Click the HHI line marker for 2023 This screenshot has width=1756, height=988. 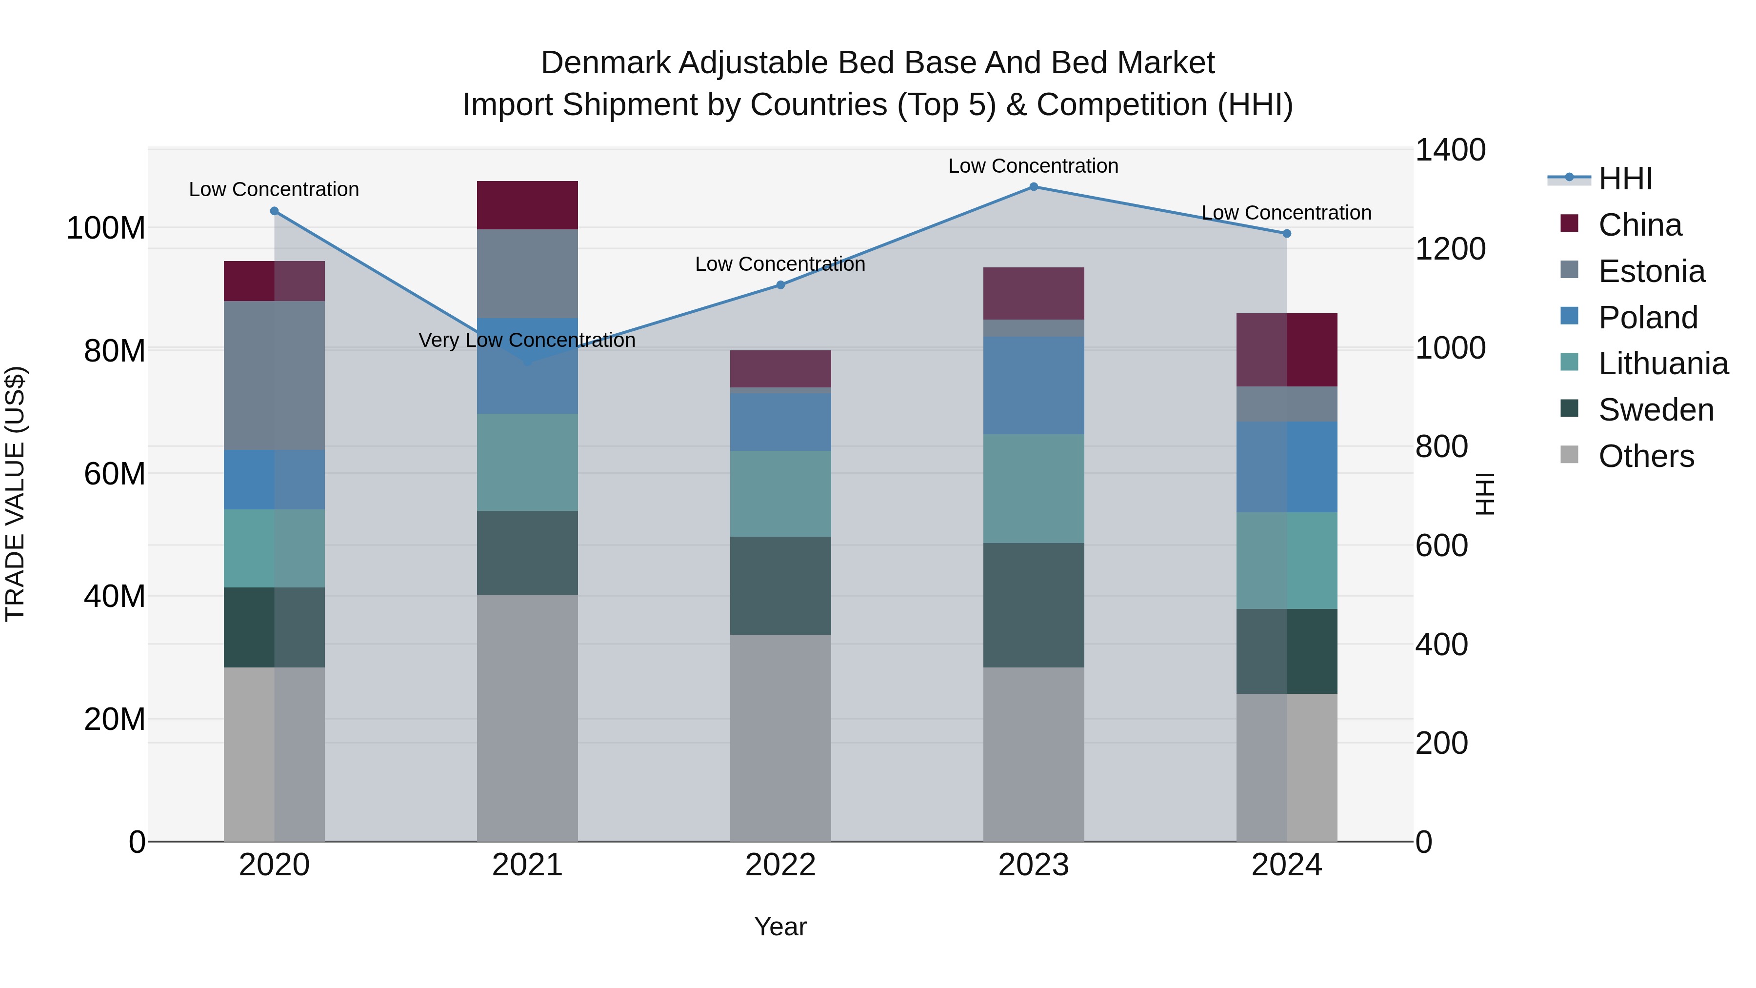[1034, 187]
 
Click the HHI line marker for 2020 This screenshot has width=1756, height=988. [275, 211]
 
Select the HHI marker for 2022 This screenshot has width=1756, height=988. [780, 285]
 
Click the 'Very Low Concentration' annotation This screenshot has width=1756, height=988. [527, 340]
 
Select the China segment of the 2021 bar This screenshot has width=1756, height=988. [527, 205]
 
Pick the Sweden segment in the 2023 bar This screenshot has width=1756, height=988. [1034, 605]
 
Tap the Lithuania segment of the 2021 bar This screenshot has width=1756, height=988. [527, 463]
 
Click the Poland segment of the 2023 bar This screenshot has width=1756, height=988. [1034, 385]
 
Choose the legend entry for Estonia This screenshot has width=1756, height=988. [1651, 271]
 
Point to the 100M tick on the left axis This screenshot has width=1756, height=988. [106, 228]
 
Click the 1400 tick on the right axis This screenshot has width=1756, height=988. [1450, 150]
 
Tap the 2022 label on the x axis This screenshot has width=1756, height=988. [780, 865]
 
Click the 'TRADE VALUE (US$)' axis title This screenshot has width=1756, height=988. [15, 494]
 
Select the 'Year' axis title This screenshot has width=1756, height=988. [780, 927]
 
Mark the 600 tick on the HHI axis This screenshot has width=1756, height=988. [1441, 545]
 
